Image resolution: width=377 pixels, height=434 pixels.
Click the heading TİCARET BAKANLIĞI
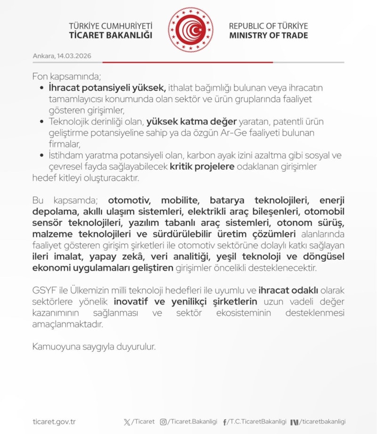110,35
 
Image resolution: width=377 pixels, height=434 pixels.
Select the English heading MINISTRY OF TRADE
268,35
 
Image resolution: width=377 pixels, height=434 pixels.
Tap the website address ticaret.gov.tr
54,421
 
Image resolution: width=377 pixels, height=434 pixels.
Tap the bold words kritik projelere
202,167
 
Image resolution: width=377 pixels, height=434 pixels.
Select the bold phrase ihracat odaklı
288,290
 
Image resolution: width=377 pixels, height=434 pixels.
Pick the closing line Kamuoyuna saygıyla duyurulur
94,347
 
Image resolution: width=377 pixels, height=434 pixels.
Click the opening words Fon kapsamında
66,76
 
